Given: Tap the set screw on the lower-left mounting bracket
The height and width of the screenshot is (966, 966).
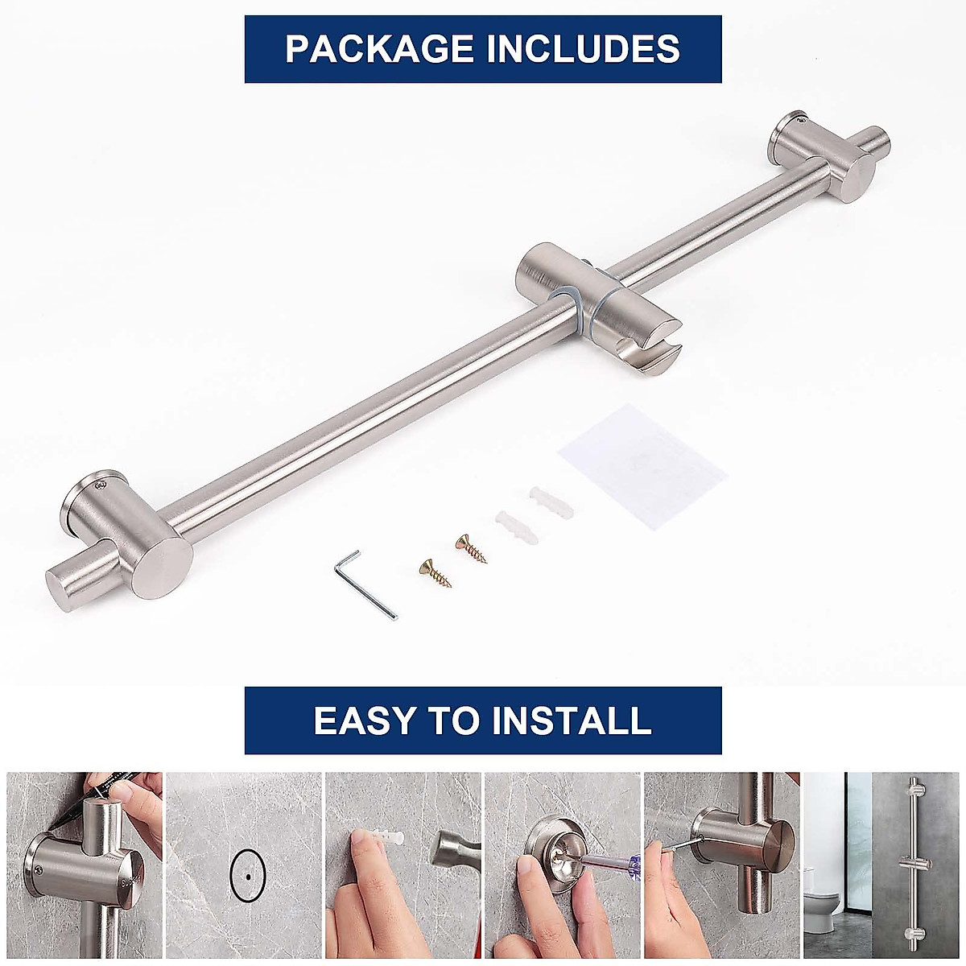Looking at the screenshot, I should [x=101, y=485].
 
